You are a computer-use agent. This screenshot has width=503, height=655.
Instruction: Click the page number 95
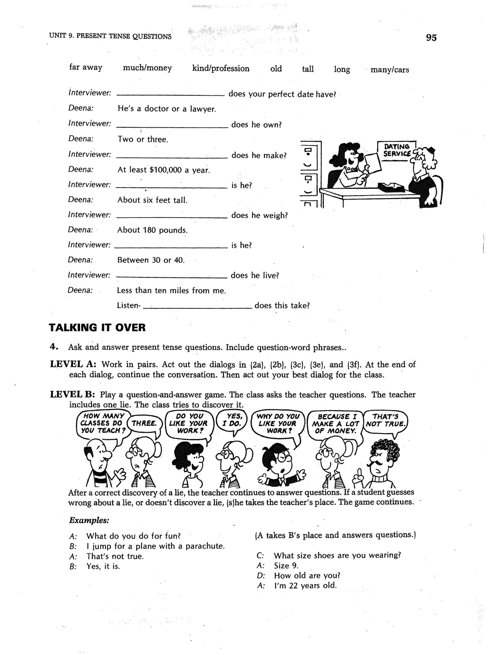coord(431,38)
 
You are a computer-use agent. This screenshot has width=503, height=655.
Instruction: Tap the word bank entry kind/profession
coord(221,69)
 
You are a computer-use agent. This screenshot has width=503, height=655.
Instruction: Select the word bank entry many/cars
coord(390,70)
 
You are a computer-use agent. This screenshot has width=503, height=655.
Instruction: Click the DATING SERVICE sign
coord(397,150)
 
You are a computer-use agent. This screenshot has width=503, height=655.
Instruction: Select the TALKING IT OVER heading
coord(97,327)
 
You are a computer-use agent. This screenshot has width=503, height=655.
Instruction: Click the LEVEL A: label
coord(73,364)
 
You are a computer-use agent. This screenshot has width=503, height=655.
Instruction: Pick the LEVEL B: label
coord(72,395)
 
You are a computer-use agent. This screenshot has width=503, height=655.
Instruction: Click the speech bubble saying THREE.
coord(144,424)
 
